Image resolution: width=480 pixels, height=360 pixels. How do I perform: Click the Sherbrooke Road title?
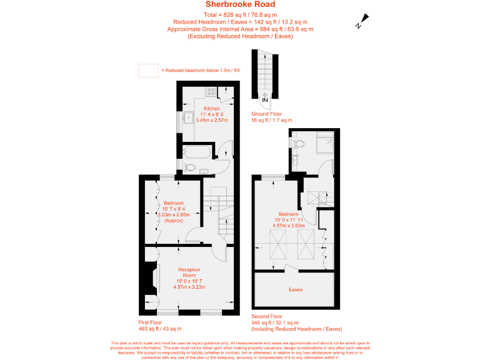click(240, 5)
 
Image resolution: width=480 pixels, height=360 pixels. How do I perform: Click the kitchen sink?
click(187, 117)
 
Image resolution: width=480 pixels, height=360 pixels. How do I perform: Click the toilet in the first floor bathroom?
click(190, 166)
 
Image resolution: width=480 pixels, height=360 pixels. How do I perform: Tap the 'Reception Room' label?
click(189, 272)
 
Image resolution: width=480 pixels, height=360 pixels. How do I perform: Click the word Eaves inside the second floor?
click(296, 290)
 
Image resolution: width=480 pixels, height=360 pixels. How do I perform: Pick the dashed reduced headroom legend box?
click(148, 70)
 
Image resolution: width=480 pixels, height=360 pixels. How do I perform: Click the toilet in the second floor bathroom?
click(297, 143)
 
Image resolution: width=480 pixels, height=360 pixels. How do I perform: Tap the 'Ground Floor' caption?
click(267, 114)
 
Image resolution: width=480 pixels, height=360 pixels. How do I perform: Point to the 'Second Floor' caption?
click(267, 317)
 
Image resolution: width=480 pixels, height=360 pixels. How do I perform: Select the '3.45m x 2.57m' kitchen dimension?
click(212, 119)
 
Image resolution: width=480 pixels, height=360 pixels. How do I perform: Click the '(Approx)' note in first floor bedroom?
click(173, 221)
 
